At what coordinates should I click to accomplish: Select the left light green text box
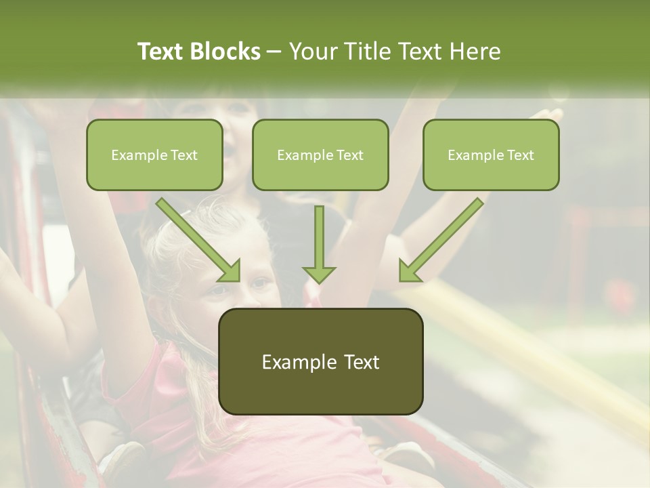tap(154, 155)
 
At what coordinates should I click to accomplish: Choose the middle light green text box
tap(320, 155)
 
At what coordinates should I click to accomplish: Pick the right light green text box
tap(491, 155)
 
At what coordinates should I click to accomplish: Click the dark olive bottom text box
tap(320, 361)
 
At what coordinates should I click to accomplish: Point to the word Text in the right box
tap(520, 155)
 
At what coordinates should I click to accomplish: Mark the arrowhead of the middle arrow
tap(319, 272)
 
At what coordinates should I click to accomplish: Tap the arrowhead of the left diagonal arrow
tap(230, 271)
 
